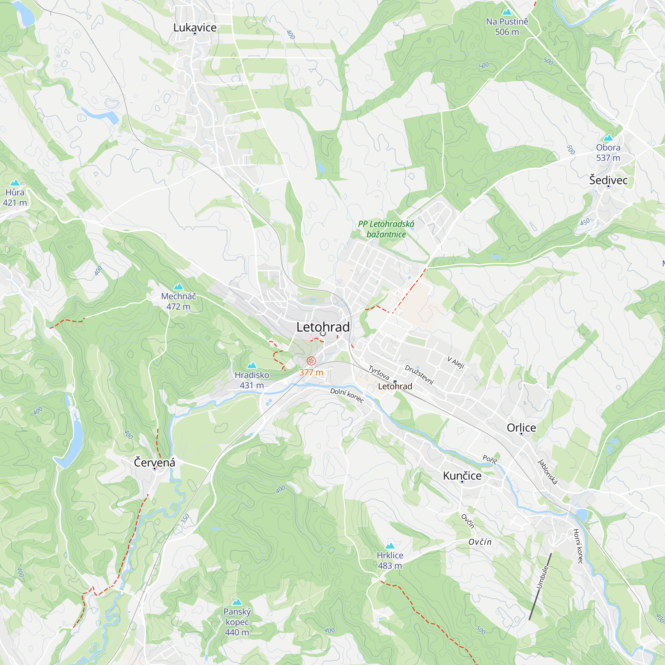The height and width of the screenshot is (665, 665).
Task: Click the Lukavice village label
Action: coord(195,28)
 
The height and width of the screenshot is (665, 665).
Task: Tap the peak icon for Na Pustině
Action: coord(507,12)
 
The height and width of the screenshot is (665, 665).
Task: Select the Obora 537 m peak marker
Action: coord(608,138)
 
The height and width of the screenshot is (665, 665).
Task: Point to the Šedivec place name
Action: coord(608,180)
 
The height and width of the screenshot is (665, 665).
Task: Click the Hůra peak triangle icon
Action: coord(15,183)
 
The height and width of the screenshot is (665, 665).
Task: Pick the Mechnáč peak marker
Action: coord(178,286)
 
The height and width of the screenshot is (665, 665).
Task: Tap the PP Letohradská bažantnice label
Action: coord(386,229)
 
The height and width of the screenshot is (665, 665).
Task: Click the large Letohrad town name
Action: coord(323,327)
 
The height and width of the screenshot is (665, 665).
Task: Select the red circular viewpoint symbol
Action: coord(311,361)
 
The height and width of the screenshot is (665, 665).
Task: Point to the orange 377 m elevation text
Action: coord(311,372)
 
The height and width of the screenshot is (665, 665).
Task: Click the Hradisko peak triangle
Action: coord(252,365)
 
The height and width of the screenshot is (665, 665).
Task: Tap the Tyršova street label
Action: coord(379,372)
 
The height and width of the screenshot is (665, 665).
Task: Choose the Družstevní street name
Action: coord(419,374)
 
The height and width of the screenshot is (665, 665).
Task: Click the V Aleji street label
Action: coord(456,362)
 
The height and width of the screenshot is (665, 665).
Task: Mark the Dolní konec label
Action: coord(347,395)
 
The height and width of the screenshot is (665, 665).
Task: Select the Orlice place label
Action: coord(521,428)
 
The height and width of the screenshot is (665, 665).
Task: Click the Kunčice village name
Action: coord(462,476)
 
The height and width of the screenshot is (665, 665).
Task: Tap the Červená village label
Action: coord(155,463)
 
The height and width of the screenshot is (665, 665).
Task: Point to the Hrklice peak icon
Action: coord(390,546)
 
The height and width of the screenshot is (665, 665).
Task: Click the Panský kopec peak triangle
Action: coord(237,602)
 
